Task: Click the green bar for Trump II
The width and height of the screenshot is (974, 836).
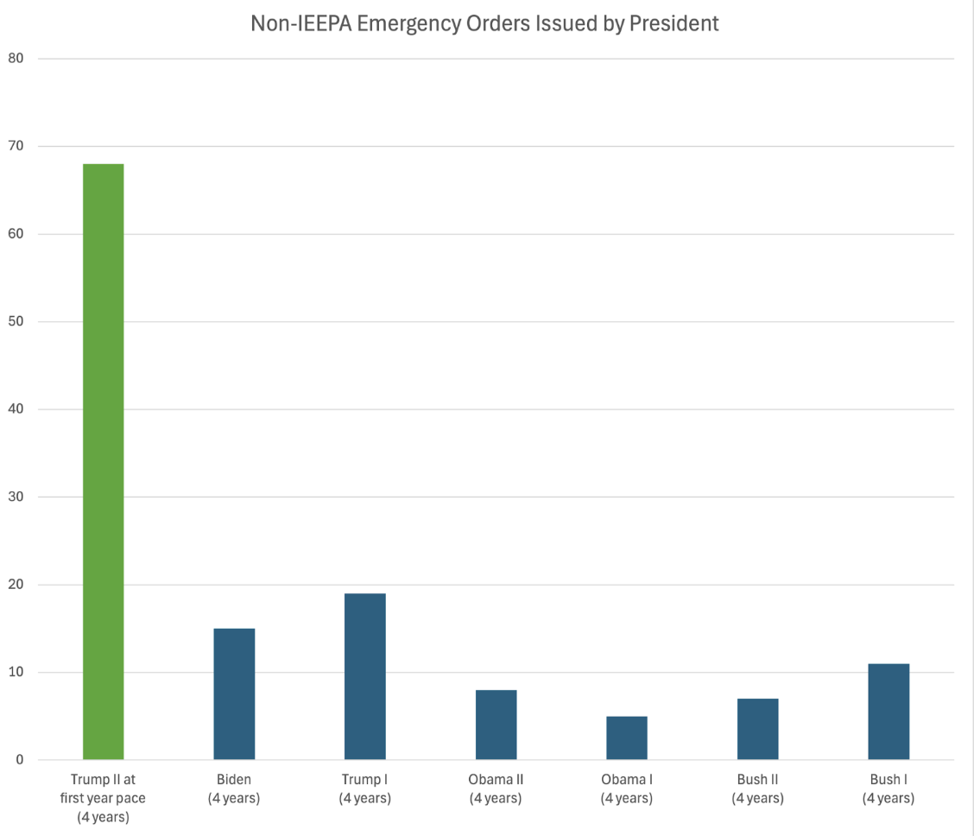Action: [103, 461]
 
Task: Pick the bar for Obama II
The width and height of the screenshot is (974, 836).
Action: [496, 725]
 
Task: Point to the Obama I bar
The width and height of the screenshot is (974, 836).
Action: [627, 738]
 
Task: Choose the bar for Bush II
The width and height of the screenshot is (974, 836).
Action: [757, 729]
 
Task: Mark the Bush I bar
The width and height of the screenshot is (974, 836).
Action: [889, 712]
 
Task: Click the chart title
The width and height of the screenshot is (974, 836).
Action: [484, 23]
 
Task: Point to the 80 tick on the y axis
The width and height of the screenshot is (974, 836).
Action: [16, 59]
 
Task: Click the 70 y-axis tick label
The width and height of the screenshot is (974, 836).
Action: [16, 147]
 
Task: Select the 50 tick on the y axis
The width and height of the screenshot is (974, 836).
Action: [16, 322]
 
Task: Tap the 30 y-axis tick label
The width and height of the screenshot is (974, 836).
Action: [16, 497]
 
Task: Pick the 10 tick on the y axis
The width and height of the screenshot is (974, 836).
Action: [16, 673]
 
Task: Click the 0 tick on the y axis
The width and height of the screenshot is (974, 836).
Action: [19, 760]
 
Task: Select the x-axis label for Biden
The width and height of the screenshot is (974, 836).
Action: [234, 788]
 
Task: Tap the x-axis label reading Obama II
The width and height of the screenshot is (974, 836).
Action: [496, 788]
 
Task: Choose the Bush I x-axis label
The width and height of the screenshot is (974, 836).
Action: [889, 788]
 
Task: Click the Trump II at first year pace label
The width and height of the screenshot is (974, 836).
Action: [103, 798]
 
